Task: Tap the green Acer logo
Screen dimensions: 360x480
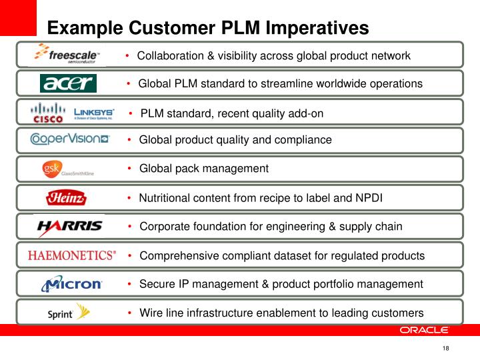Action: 69,83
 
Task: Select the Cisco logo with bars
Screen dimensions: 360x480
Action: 48,113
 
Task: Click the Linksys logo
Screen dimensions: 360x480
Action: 93,113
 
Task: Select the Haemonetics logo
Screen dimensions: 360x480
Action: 72,255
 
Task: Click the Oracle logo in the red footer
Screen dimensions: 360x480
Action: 424,330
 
